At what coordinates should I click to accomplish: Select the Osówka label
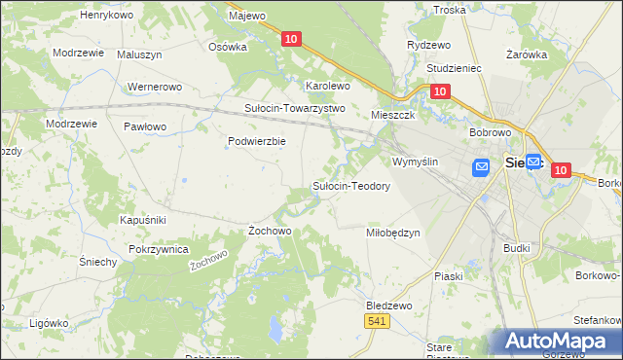228,46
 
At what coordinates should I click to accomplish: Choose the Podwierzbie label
256,141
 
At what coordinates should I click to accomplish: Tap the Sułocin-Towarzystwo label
295,108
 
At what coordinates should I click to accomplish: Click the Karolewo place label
328,86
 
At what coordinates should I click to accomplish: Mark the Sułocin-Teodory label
350,186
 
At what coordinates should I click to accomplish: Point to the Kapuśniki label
143,220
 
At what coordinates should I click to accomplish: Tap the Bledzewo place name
389,305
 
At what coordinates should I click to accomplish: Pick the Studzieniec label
456,70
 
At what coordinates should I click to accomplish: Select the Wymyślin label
417,162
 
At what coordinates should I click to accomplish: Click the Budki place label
517,248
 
